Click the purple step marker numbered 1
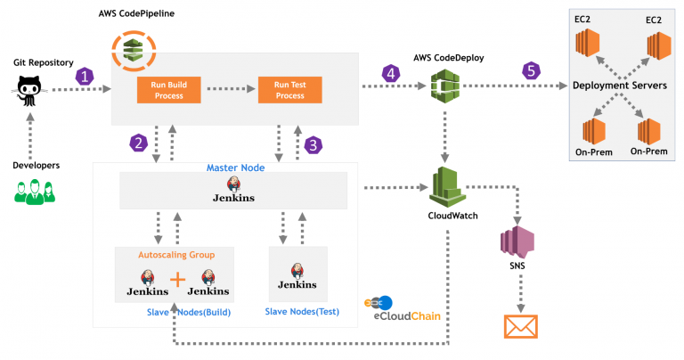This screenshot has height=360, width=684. click(x=85, y=77)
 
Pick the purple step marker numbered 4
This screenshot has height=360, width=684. click(x=389, y=73)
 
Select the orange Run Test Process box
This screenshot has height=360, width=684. click(x=289, y=89)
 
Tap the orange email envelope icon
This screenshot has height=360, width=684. click(x=522, y=325)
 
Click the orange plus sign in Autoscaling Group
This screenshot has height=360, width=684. click(x=177, y=280)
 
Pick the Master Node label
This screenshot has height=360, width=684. click(x=233, y=168)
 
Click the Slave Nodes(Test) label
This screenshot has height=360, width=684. click(x=298, y=310)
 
